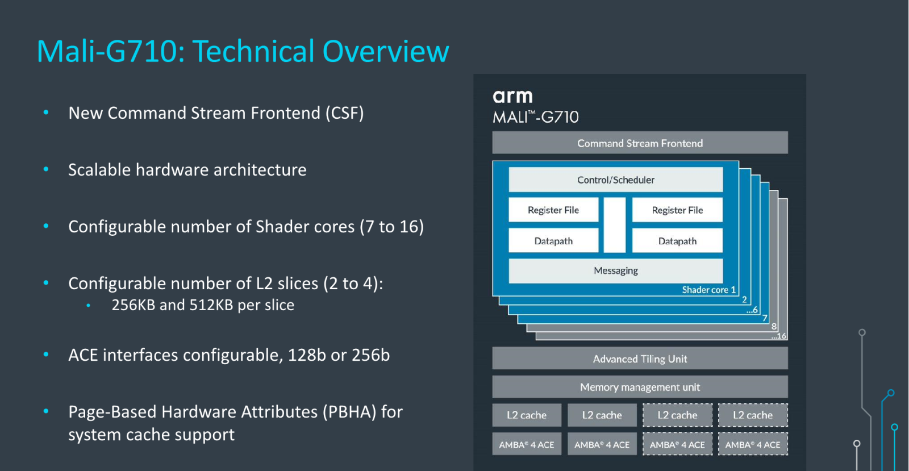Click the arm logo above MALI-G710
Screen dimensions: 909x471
[512, 97]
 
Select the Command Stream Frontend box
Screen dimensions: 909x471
[640, 143]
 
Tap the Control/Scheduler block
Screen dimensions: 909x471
[616, 180]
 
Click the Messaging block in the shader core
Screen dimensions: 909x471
[616, 270]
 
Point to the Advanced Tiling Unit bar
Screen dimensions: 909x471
[640, 358]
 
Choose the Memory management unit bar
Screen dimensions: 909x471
[640, 386]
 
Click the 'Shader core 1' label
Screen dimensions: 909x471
[708, 290]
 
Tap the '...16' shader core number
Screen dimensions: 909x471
[779, 336]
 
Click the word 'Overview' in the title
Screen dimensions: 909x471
[386, 51]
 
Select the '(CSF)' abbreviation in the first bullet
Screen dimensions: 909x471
[344, 113]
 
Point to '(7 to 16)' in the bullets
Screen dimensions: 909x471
[391, 227]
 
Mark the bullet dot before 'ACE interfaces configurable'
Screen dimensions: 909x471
[46, 355]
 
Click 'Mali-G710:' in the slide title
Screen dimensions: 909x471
[111, 51]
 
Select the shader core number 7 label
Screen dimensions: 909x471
[765, 318]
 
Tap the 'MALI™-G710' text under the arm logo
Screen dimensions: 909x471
[535, 117]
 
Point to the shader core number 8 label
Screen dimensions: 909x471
[774, 326]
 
